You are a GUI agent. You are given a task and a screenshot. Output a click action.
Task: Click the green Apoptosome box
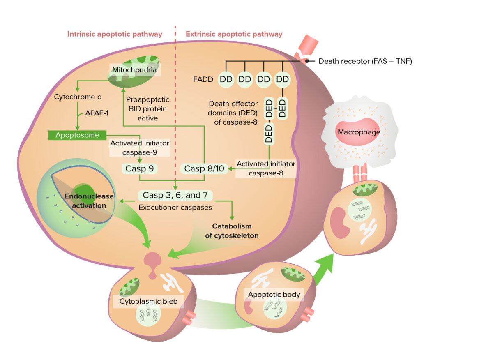pos(77,135)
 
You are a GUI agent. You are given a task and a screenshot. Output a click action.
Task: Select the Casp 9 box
pos(140,168)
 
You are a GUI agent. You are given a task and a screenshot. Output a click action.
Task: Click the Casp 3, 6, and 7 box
pos(175,195)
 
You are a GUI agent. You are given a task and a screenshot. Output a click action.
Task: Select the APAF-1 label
pos(97,113)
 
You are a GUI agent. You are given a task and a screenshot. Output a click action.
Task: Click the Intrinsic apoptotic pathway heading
pos(115,34)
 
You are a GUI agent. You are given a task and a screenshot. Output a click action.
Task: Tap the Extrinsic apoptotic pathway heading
pos(234,34)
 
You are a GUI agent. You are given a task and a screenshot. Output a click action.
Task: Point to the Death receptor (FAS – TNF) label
pos(365,61)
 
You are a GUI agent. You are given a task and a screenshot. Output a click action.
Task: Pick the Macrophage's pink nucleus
pos(357,132)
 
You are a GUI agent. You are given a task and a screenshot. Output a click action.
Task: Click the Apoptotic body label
pos(274,294)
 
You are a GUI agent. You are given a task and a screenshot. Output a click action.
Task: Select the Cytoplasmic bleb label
pos(148,301)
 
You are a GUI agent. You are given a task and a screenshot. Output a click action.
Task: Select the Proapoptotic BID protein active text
pos(147,108)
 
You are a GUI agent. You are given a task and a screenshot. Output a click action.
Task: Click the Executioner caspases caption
pos(175,208)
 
